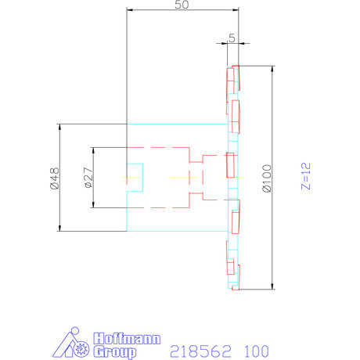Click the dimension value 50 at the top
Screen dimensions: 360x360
tap(182, 5)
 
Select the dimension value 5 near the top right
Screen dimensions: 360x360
tap(232, 38)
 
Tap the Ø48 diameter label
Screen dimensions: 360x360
tap(54, 178)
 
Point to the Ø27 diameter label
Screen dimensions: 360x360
tap(88, 178)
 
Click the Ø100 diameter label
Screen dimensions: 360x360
tap(268, 178)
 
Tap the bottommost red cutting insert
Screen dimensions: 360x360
tap(233, 278)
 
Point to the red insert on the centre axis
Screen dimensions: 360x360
tap(230, 165)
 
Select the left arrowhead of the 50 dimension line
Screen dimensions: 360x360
tap(130, 10)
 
